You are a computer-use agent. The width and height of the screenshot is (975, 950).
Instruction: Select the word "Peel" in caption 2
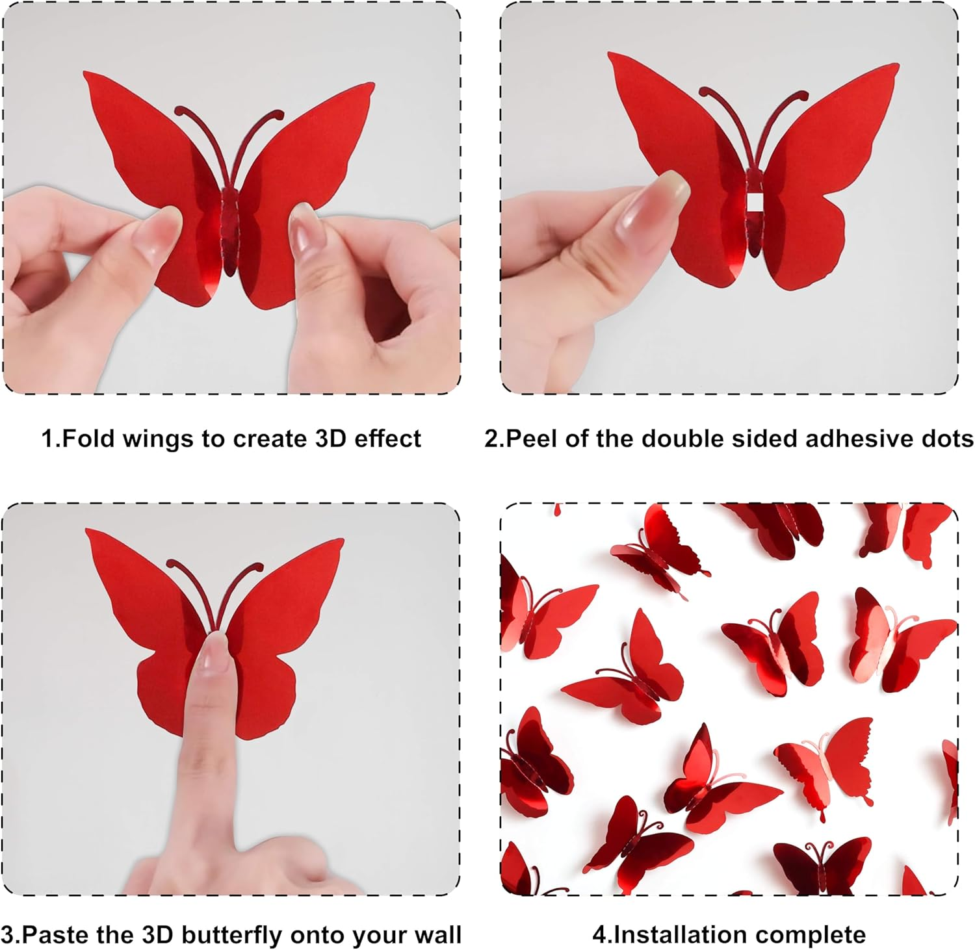click(532, 439)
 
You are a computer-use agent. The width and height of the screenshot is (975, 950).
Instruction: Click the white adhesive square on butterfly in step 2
click(754, 203)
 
